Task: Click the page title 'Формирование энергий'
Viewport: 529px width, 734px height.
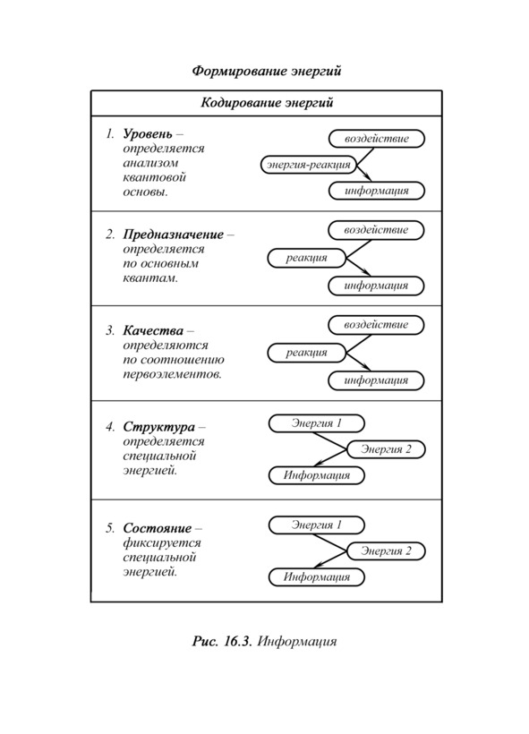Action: (x=267, y=71)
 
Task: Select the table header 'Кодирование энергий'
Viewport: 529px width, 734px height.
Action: (x=267, y=103)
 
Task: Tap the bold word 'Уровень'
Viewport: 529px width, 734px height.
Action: (x=148, y=134)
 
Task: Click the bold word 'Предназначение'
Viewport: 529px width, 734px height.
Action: (x=174, y=234)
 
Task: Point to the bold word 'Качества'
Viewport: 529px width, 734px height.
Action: (x=153, y=330)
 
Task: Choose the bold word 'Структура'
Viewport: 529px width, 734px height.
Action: (x=158, y=427)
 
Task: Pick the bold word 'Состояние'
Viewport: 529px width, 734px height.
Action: (x=158, y=528)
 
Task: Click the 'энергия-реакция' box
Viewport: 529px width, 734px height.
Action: (x=309, y=165)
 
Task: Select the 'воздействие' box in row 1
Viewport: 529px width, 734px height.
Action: (x=377, y=139)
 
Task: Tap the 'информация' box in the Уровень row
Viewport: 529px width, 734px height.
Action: (x=377, y=191)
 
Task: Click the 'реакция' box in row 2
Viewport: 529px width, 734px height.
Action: (x=307, y=258)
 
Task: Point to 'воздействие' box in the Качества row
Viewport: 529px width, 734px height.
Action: (x=376, y=325)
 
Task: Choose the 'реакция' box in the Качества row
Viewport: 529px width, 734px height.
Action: (x=307, y=353)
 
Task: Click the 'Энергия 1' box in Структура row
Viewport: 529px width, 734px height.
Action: (x=317, y=423)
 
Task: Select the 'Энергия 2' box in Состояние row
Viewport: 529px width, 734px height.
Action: (x=386, y=551)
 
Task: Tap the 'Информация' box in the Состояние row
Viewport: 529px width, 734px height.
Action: (x=317, y=577)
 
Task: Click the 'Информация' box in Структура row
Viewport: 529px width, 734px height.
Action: (x=317, y=475)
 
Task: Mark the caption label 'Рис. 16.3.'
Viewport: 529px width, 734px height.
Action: (x=222, y=641)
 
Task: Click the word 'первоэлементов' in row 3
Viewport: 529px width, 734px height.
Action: (x=172, y=374)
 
